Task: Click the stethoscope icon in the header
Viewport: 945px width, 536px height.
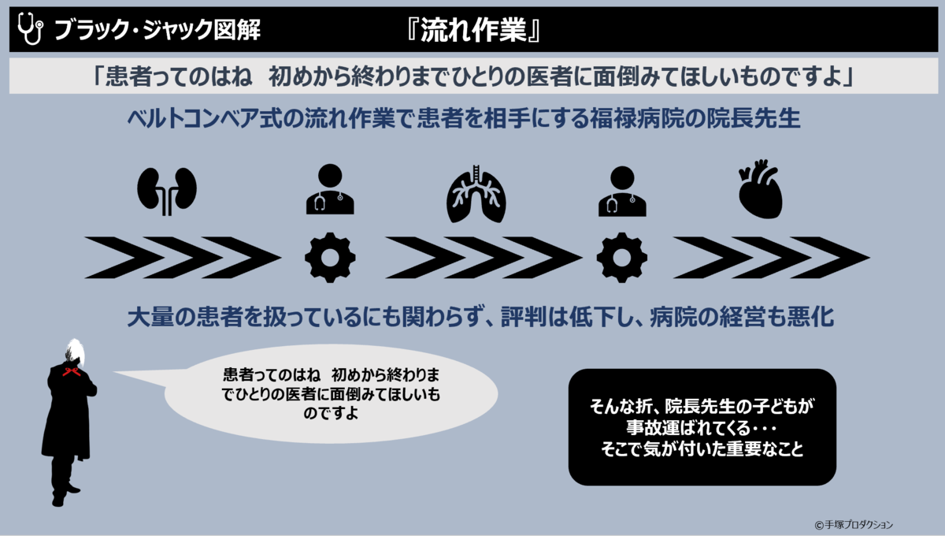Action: pyautogui.click(x=29, y=30)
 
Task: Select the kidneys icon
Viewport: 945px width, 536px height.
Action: pyautogui.click(x=167, y=190)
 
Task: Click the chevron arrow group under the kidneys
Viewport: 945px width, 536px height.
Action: pyautogui.click(x=183, y=258)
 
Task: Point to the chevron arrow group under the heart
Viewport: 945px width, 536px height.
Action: pyautogui.click(x=772, y=258)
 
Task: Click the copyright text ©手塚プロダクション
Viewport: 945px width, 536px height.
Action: pyautogui.click(x=854, y=524)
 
